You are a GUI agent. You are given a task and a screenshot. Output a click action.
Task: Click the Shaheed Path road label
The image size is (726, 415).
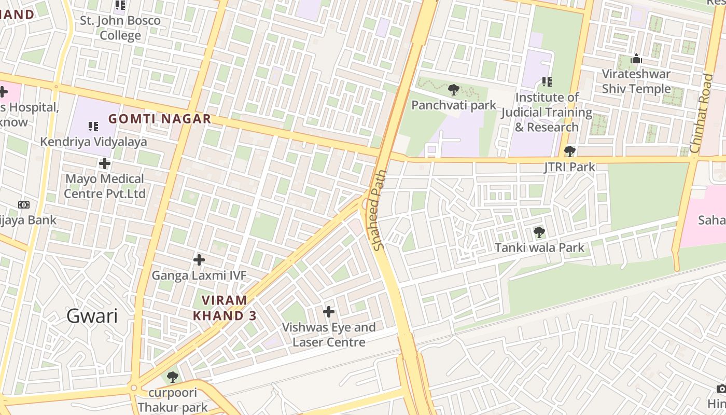pyautogui.click(x=380, y=210)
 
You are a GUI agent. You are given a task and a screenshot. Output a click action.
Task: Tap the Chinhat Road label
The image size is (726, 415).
pyautogui.click(x=702, y=113)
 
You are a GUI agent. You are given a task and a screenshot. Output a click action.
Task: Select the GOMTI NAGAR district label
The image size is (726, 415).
pyautogui.click(x=160, y=119)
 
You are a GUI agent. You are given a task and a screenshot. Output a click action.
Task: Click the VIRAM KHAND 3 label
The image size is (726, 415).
pyautogui.click(x=225, y=308)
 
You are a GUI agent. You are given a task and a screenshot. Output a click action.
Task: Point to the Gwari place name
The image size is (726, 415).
pyautogui.click(x=92, y=316)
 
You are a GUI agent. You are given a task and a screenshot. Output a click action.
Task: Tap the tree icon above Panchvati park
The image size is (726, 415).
pyautogui.click(x=454, y=90)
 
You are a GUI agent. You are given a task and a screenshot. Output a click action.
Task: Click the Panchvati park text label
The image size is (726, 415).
pyautogui.click(x=454, y=105)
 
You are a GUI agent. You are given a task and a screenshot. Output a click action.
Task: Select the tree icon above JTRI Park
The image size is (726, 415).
pyautogui.click(x=569, y=151)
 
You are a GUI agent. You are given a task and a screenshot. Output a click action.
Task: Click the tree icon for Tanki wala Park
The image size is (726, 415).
pyautogui.click(x=539, y=232)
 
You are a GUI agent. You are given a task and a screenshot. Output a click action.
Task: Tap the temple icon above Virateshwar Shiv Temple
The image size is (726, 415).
pyautogui.click(x=636, y=59)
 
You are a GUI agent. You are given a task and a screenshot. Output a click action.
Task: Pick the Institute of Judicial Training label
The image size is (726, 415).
pyautogui.click(x=547, y=112)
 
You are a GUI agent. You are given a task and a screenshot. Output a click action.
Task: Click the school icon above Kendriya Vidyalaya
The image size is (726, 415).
pyautogui.click(x=93, y=126)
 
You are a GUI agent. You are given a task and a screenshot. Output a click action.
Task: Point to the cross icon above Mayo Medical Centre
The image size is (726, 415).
pyautogui.click(x=105, y=163)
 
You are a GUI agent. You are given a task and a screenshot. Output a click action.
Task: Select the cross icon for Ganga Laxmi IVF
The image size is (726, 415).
pyautogui.click(x=199, y=259)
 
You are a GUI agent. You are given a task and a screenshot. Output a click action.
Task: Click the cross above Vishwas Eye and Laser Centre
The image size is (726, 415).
pyautogui.click(x=328, y=312)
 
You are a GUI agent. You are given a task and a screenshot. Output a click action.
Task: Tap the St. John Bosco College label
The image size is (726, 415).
pyautogui.click(x=120, y=29)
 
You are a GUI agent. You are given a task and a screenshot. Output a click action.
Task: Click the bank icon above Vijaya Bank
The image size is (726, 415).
pyautogui.click(x=24, y=205)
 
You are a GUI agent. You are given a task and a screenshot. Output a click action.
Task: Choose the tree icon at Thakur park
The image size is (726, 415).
pyautogui.click(x=172, y=377)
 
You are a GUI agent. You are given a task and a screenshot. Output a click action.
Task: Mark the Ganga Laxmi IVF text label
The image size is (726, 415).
pyautogui.click(x=199, y=275)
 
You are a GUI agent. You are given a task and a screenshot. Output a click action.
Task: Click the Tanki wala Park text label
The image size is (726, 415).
pyautogui.click(x=539, y=247)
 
